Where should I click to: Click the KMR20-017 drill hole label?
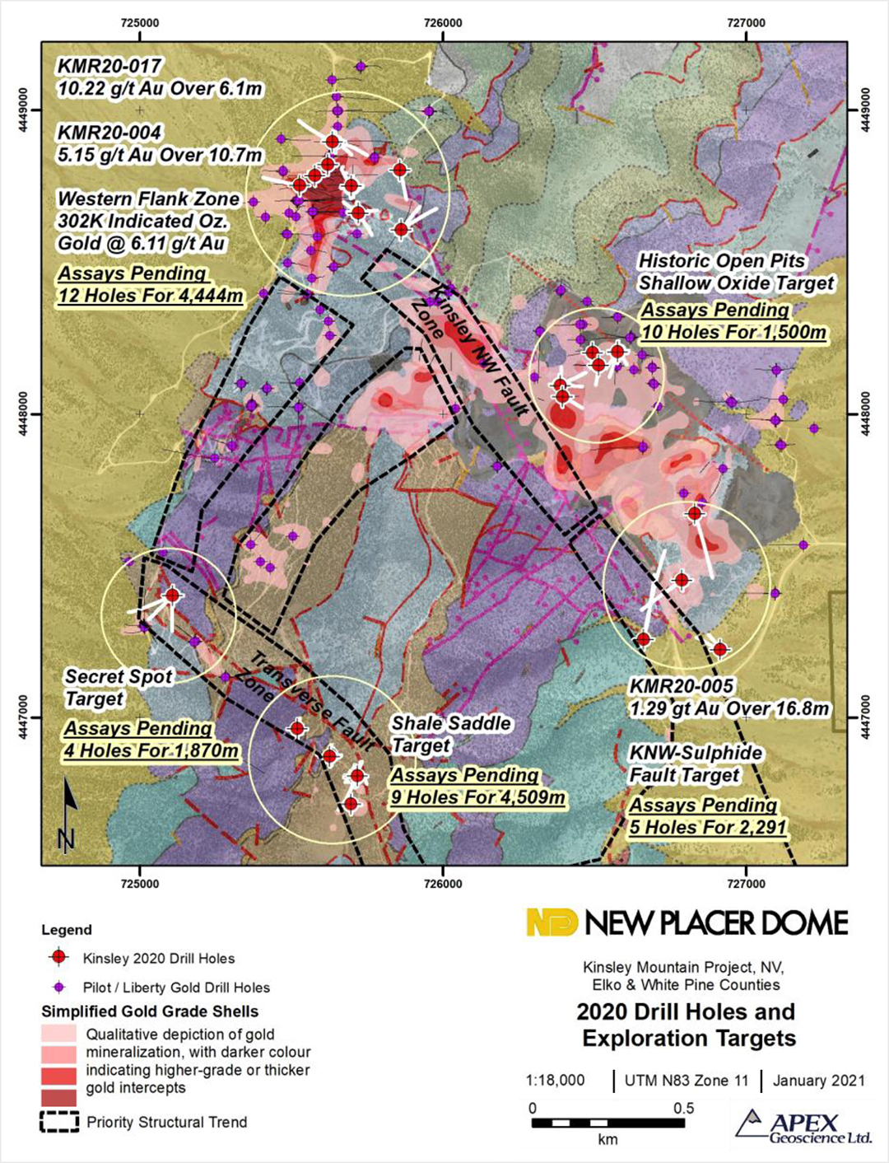pos(109,66)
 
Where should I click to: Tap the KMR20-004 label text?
pos(109,133)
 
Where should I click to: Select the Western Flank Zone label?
pos(148,199)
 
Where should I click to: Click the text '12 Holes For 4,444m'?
pos(151,296)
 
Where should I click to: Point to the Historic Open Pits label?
pos(721,261)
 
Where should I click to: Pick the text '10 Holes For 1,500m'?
pos(734,333)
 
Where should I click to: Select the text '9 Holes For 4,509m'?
pos(477,797)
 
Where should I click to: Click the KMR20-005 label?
pos(681,687)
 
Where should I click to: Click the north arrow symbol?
pos(67,815)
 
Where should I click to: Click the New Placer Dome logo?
pos(687,923)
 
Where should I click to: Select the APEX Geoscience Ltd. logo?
pos(803,1128)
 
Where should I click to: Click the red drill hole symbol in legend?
pos(58,957)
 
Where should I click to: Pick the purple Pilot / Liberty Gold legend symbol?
pos(58,987)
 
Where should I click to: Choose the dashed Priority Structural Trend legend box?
pos(59,1122)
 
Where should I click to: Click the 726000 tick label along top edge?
pos(443,23)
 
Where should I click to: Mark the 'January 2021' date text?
pos(818,1081)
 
